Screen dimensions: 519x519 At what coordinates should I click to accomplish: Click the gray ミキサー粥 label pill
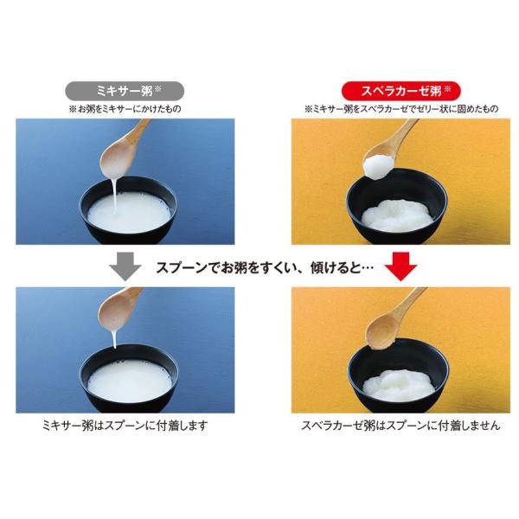click(125, 91)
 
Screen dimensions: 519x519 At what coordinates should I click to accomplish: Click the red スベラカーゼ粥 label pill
click(400, 91)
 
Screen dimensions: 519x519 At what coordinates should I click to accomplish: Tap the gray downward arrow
click(125, 266)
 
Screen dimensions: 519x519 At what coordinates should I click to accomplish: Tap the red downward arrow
click(401, 266)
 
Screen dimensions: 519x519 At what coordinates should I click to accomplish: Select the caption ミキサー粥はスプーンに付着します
click(125, 426)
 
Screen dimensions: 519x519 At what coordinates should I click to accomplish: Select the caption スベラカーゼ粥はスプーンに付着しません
click(400, 426)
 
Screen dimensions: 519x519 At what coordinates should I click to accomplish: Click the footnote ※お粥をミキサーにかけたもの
click(125, 109)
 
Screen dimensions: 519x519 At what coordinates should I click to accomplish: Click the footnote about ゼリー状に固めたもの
click(401, 109)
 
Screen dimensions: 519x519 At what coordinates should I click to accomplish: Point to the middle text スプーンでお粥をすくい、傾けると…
click(265, 268)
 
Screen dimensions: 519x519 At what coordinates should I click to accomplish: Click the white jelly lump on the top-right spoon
click(378, 168)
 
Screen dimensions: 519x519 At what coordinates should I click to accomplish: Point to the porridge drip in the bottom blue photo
click(114, 340)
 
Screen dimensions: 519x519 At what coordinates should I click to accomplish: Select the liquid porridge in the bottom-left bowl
click(130, 382)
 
